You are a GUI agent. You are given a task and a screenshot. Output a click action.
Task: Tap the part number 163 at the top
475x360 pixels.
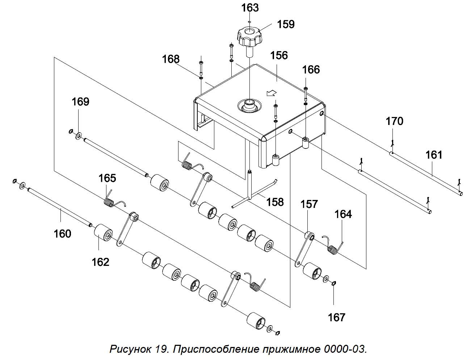click(x=250, y=8)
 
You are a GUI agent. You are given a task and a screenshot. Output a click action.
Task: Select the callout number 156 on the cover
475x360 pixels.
click(x=279, y=55)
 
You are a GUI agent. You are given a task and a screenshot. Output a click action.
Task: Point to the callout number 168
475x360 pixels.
click(x=171, y=59)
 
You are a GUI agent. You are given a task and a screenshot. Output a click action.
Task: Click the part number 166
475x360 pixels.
click(x=311, y=70)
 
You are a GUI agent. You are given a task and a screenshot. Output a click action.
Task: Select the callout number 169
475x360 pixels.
click(x=80, y=101)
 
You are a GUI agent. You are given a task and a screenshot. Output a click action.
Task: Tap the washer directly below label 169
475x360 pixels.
click(x=78, y=136)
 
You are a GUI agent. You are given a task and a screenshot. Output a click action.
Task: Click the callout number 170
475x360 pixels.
click(x=395, y=121)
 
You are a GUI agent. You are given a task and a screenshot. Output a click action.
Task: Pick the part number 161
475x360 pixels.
click(x=434, y=155)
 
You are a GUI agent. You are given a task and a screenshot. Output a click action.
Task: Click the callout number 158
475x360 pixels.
click(x=275, y=202)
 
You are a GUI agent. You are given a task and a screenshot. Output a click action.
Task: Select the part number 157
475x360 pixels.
click(x=309, y=204)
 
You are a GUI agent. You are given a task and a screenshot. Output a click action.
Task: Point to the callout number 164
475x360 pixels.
click(x=343, y=214)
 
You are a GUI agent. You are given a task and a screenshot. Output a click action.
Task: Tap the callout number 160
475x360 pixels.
click(x=62, y=234)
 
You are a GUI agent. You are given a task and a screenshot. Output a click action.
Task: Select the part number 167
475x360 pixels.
click(x=336, y=318)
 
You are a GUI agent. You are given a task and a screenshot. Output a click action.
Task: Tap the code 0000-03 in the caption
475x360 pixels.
click(x=345, y=349)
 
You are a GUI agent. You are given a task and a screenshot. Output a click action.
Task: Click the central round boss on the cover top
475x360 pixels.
click(x=249, y=106)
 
